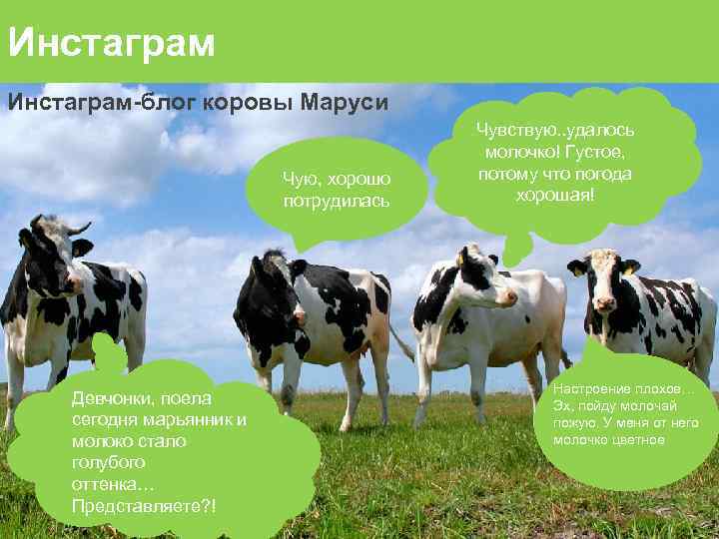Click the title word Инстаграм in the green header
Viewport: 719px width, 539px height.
click(111, 43)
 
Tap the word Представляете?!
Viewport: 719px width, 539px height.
click(143, 506)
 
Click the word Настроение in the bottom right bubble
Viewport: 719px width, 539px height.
click(592, 387)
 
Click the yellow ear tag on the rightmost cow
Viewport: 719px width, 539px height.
click(631, 269)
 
